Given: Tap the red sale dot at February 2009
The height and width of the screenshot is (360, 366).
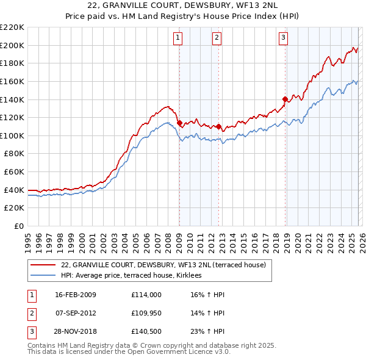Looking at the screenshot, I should coord(179,123).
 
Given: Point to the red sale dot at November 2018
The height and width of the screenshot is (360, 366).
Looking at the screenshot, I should coord(285,99).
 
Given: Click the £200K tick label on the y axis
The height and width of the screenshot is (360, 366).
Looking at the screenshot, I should coord(12,45).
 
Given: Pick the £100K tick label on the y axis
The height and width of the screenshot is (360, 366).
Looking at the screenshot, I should coord(12,135).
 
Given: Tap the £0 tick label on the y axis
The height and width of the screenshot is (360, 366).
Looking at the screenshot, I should coord(18,226).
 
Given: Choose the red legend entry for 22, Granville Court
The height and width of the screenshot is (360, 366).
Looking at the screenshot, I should coord(163,265).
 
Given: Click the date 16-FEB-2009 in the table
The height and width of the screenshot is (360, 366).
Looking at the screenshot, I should coord(76,295).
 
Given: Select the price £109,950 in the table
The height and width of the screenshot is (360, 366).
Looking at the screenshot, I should coord(146,313).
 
